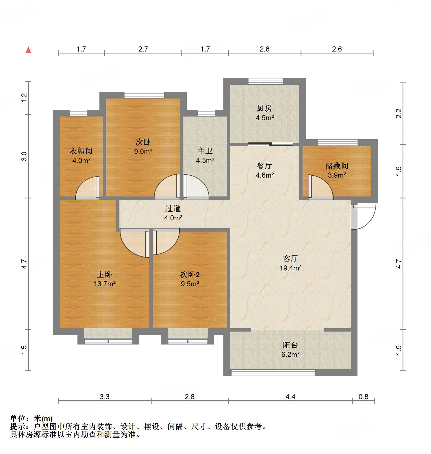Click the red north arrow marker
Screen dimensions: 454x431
click(28, 50)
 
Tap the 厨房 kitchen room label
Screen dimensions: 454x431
click(264, 108)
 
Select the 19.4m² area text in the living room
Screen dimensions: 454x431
click(290, 268)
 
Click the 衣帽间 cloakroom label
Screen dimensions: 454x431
click(81, 151)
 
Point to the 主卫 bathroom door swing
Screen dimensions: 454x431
click(196, 187)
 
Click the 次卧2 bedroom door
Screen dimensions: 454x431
click(165, 241)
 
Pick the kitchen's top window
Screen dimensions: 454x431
click(265, 81)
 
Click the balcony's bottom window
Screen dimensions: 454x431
click(273, 373)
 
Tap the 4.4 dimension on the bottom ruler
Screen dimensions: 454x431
click(290, 397)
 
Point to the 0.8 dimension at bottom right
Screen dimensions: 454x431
click(363, 397)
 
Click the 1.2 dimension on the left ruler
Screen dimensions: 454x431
click(24, 97)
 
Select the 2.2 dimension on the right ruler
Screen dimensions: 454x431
click(399, 113)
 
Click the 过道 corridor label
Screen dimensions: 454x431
click(173, 209)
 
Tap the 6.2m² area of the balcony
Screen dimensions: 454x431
click(290, 355)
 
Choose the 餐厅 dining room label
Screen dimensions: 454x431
click(264, 166)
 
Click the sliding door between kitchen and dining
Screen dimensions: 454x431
click(270, 144)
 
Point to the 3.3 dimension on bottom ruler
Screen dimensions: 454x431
click(104, 397)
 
